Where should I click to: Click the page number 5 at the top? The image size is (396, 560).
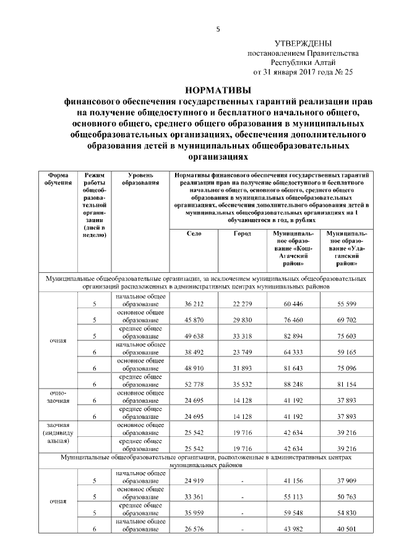pos(218,29)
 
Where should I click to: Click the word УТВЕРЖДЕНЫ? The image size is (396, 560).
pos(303,43)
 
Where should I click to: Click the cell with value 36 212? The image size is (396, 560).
pos(194,304)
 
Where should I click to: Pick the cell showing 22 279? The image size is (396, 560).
pos(242,304)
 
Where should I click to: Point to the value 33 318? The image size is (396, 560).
pos(242,337)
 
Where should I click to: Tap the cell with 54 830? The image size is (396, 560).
pos(346,513)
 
